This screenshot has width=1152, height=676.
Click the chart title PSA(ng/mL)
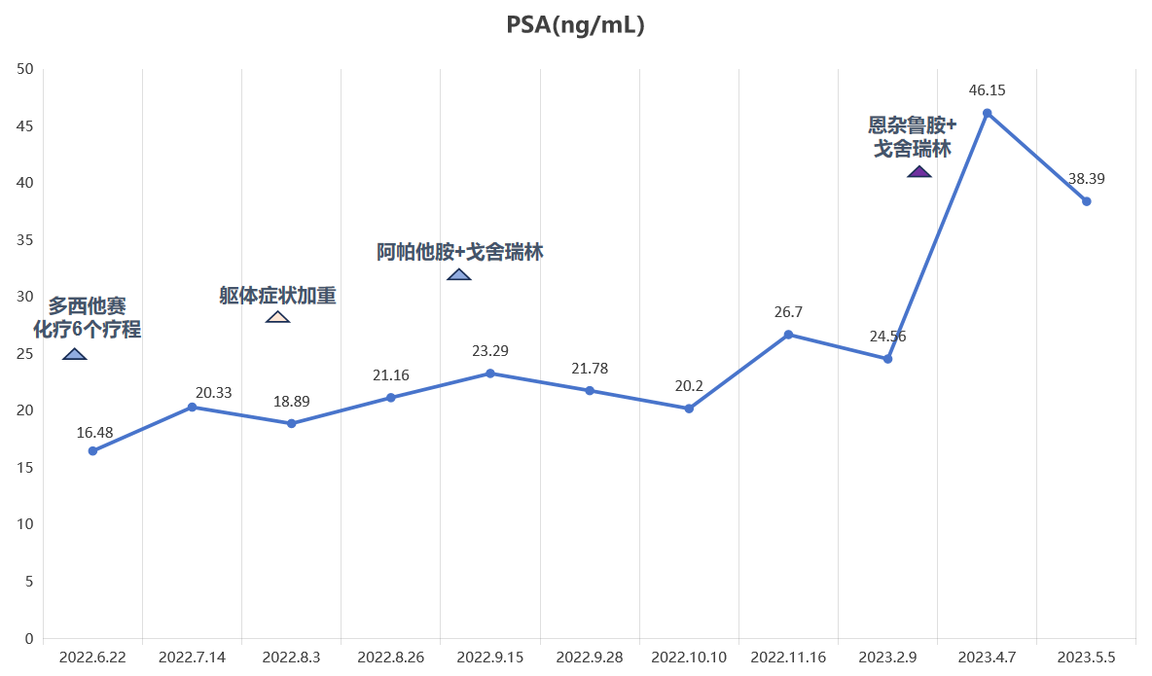coord(575,25)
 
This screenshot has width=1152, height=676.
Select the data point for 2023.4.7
coord(988,113)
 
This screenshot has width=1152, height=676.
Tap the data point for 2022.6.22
coord(92,451)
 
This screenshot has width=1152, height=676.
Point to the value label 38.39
coord(1087,179)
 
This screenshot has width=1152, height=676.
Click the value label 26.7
coord(788,312)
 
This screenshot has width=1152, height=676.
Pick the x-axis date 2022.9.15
coord(490,657)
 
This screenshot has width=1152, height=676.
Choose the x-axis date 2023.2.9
coord(887,657)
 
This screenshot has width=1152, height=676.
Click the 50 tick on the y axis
coord(25,69)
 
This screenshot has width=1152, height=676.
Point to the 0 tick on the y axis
coord(29,638)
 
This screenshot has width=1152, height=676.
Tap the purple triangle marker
coord(919,172)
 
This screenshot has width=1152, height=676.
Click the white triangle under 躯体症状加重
coord(277,317)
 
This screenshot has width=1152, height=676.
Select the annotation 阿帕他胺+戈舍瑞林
coord(460,252)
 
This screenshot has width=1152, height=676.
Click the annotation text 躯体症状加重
coord(277,296)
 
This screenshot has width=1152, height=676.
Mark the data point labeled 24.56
coord(887,359)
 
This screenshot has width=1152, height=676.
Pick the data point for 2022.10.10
coord(689,409)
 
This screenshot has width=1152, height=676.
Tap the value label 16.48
coord(94,433)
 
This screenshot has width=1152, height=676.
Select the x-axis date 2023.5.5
coord(1086,657)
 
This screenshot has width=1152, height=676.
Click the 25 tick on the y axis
coord(25,353)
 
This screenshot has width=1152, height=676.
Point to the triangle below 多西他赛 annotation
coord(75,354)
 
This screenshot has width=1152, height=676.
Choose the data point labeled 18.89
coord(292,424)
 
